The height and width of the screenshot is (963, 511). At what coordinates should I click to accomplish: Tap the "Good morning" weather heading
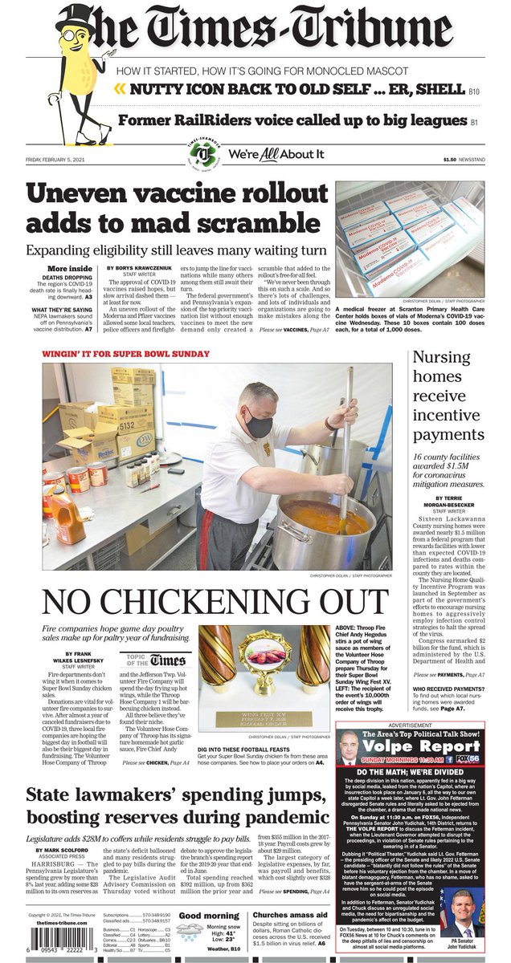[x=210, y=915]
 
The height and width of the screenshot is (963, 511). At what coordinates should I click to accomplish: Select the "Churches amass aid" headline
[x=290, y=915]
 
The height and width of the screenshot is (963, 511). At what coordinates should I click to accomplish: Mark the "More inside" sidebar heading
[x=69, y=268]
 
